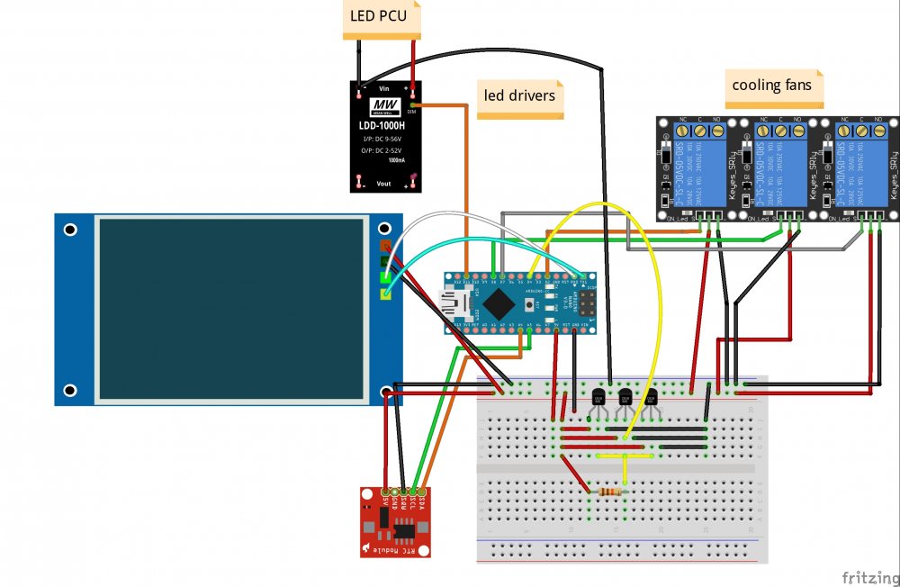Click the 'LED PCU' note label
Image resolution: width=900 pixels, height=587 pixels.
tap(379, 17)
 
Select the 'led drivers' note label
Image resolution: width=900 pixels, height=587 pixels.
tap(519, 95)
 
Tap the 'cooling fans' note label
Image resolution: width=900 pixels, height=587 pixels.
tap(771, 86)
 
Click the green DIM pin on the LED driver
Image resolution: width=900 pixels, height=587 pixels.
tap(413, 104)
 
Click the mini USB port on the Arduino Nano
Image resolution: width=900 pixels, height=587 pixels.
tap(451, 301)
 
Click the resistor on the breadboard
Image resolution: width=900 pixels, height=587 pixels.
tap(607, 492)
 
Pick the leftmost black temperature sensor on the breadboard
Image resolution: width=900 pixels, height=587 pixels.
tap(598, 397)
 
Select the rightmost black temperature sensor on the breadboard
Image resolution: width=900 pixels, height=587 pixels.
tap(651, 397)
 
